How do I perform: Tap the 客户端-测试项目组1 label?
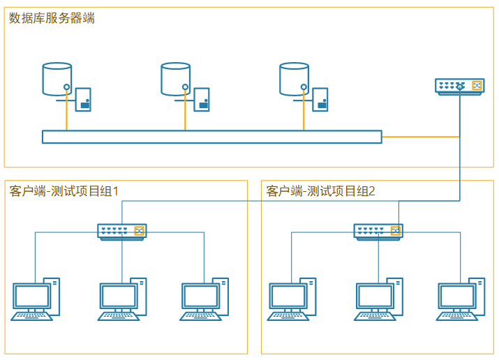[65, 190]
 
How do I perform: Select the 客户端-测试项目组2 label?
[321, 190]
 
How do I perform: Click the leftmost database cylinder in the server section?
[57, 79]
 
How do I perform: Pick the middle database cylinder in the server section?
[176, 79]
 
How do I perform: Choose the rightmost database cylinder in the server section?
[295, 79]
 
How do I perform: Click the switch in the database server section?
[459, 86]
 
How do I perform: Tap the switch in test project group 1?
[121, 231]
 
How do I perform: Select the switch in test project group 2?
[378, 231]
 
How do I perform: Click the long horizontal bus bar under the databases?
[211, 137]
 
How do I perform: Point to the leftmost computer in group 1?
[34, 300]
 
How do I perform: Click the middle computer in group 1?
[121, 300]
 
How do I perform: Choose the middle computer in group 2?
[378, 300]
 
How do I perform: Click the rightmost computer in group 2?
[460, 300]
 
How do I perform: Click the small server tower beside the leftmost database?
[83, 99]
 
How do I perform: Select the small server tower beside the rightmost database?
[320, 99]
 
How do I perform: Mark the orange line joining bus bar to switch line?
[420, 137]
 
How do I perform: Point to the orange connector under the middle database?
[186, 112]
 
